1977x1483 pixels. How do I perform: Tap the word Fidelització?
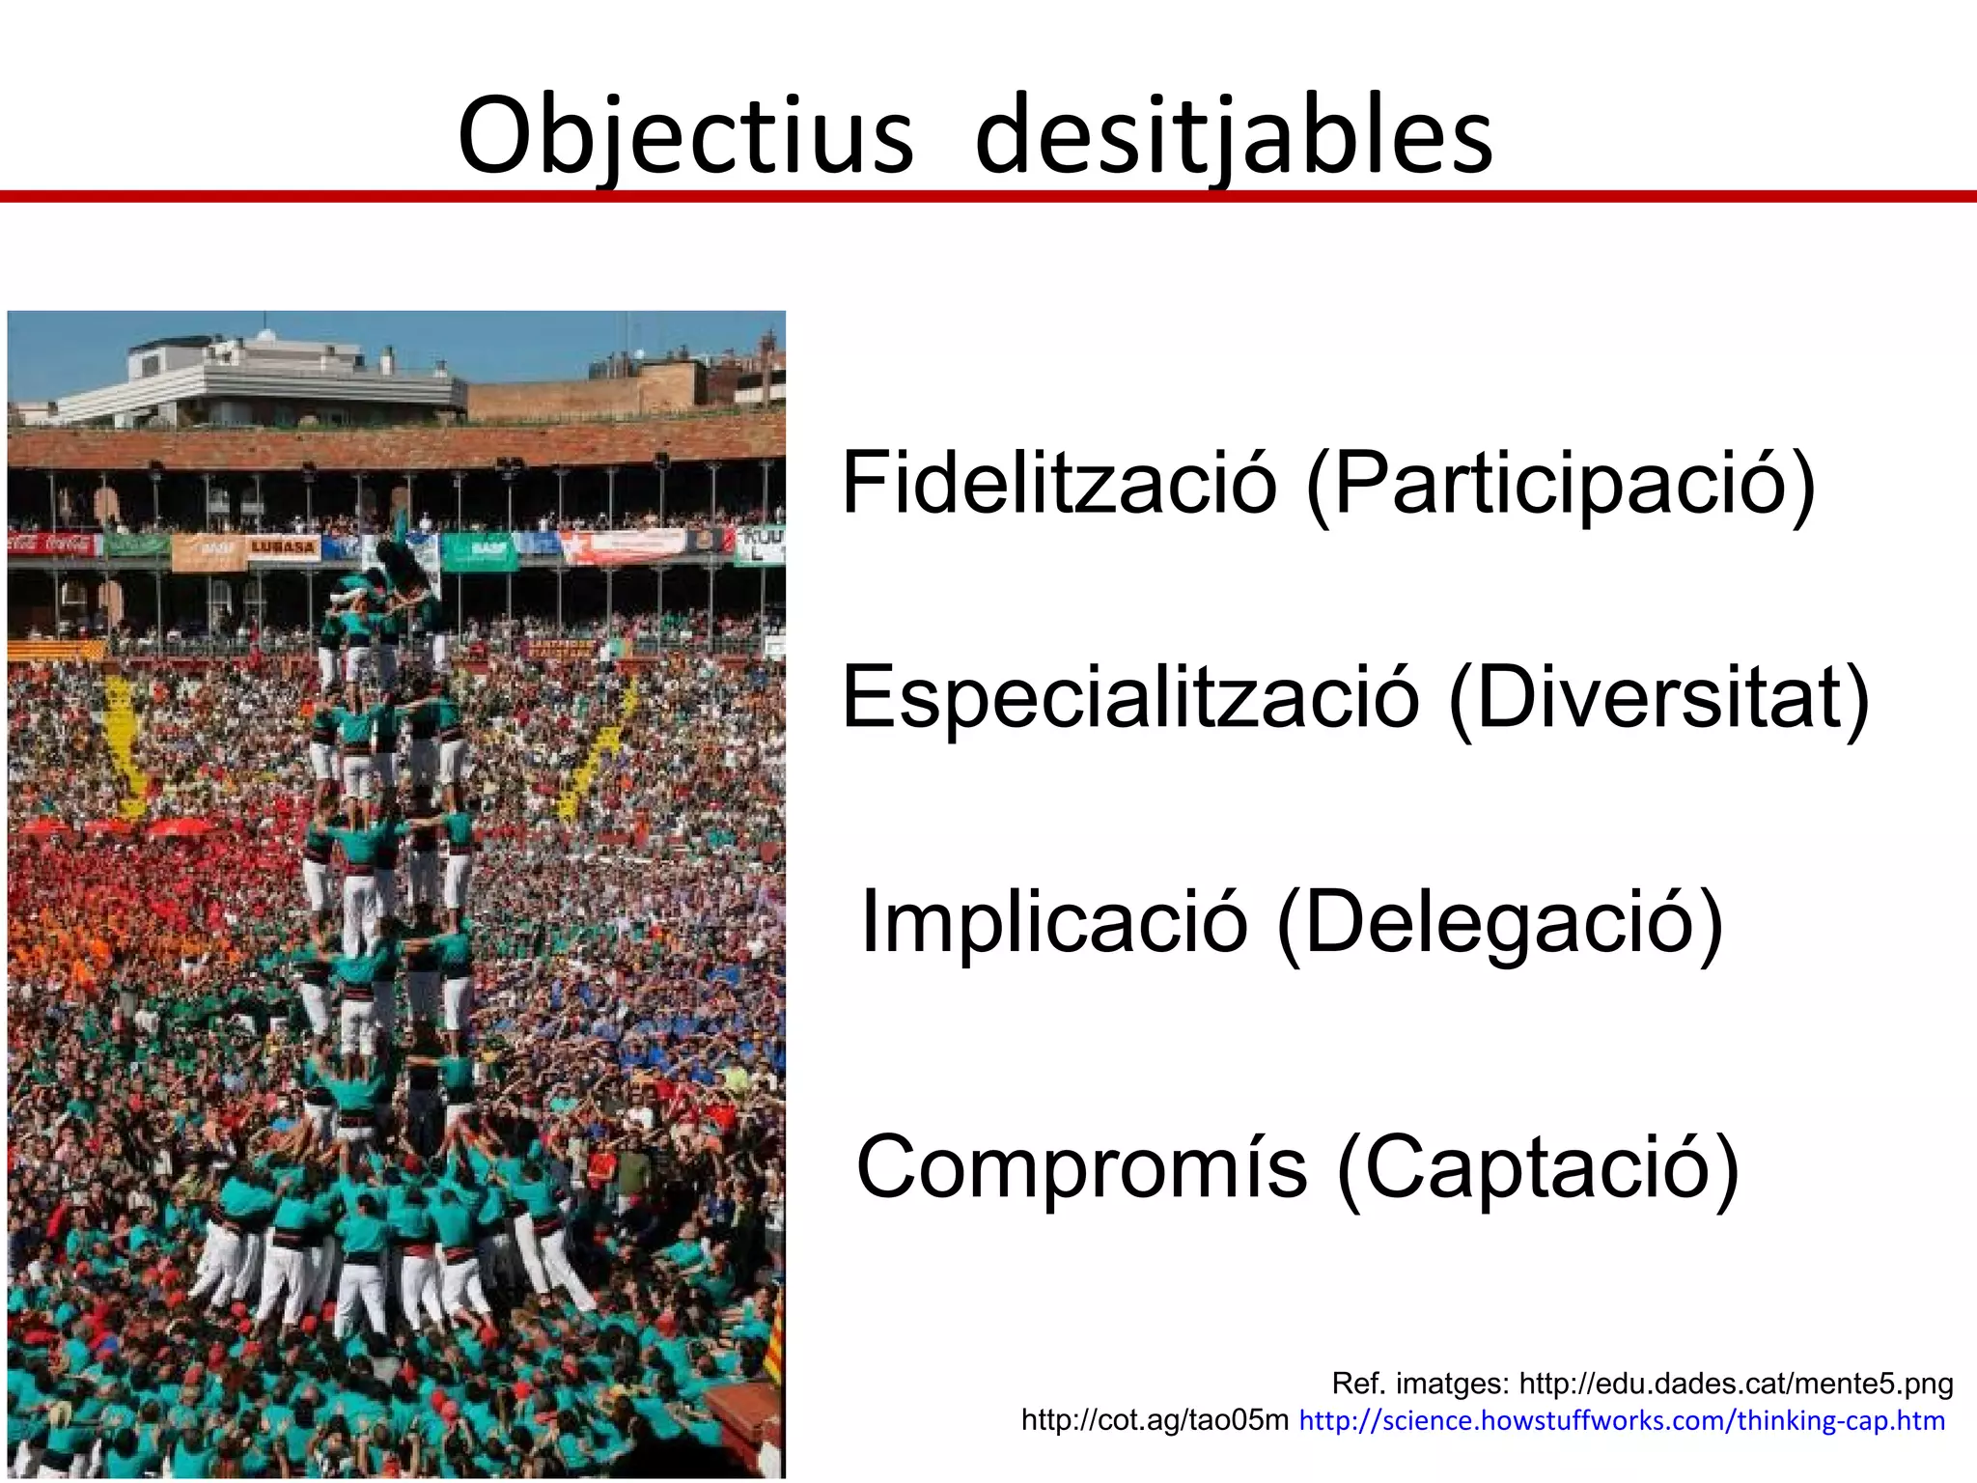1059,483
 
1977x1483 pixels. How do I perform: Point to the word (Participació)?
1561,485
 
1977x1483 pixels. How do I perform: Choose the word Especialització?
1130,697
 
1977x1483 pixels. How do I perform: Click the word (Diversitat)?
1659,699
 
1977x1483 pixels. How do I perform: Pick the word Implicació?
1054,921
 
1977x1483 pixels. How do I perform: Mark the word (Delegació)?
1499,923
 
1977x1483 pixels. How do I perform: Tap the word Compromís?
1081,1168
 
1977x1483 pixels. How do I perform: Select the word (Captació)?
1538,1170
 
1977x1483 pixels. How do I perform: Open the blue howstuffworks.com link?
1622,1420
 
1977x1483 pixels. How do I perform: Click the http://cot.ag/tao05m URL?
1155,1420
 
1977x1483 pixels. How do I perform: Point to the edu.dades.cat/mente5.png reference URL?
1736,1384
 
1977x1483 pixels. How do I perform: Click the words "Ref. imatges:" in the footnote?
1420,1384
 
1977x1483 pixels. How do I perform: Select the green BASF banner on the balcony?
480,550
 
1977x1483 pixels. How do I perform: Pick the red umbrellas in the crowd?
179,828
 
